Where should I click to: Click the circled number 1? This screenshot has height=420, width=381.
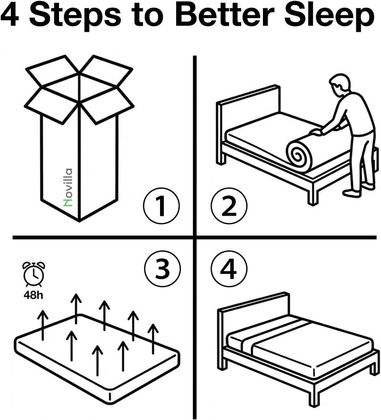click(x=161, y=206)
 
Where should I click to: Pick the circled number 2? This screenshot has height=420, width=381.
click(x=229, y=206)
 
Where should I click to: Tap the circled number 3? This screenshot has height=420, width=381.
click(x=162, y=269)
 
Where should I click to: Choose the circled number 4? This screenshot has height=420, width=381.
click(x=229, y=269)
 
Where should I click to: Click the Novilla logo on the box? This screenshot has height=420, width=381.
click(x=68, y=188)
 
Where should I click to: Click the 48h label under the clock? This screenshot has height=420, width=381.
click(x=33, y=295)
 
